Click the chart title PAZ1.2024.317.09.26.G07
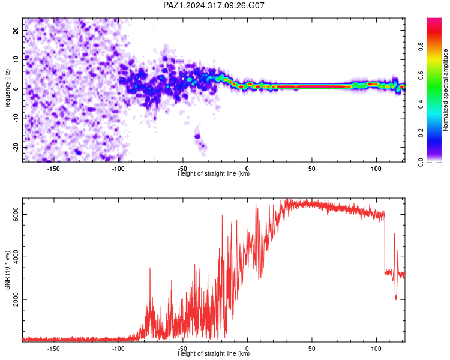214,5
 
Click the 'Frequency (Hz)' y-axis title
7,90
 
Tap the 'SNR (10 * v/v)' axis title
7,270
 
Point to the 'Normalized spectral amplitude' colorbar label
445,90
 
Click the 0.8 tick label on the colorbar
421,46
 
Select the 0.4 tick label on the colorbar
421,104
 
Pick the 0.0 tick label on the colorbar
421,162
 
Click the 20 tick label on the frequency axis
16,30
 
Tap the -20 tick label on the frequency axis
16,147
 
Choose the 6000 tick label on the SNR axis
16,214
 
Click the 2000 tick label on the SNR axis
16,299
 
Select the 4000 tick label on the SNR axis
16,257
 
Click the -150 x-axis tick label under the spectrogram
53,169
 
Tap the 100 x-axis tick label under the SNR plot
376,349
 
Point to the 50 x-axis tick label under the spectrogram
311,169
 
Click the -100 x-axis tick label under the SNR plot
118,349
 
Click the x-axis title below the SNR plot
214,353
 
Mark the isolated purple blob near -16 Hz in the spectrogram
197,136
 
